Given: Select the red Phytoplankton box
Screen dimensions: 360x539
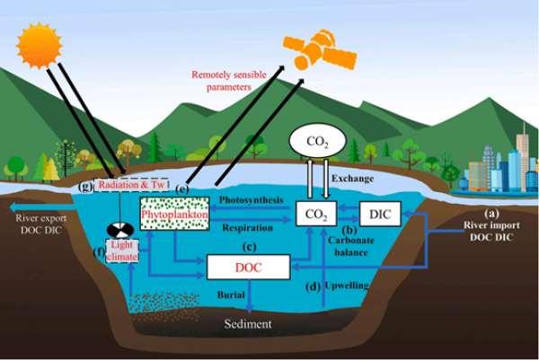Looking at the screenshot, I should tap(174, 216).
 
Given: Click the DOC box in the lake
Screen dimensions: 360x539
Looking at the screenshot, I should tap(249, 267).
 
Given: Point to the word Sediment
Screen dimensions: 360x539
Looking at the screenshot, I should tap(247, 323).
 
